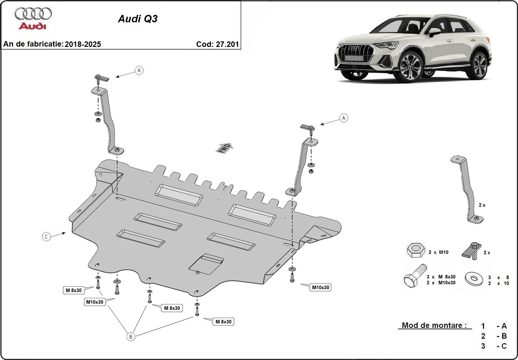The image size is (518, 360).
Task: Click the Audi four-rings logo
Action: pyautogui.click(x=33, y=14)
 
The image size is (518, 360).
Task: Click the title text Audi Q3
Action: pyautogui.click(x=138, y=19)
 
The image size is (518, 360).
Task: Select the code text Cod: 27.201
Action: pyautogui.click(x=217, y=44)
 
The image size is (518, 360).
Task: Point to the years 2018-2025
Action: pyautogui.click(x=83, y=44)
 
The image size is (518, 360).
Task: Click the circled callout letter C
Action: pyautogui.click(x=46, y=237)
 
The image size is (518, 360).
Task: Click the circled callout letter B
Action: pyautogui.click(x=130, y=337)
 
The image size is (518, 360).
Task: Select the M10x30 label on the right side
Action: pyautogui.click(x=320, y=287)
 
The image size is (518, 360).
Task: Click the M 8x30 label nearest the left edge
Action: pyautogui.click(x=73, y=290)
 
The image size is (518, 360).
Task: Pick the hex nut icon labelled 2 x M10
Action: pyautogui.click(x=415, y=250)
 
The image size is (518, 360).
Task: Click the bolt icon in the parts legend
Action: pyautogui.click(x=414, y=278)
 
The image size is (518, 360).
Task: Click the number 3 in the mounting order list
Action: pyautogui.click(x=483, y=346)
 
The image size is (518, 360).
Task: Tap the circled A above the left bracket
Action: pyautogui.click(x=139, y=70)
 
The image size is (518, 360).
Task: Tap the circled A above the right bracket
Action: pyautogui.click(x=343, y=118)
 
